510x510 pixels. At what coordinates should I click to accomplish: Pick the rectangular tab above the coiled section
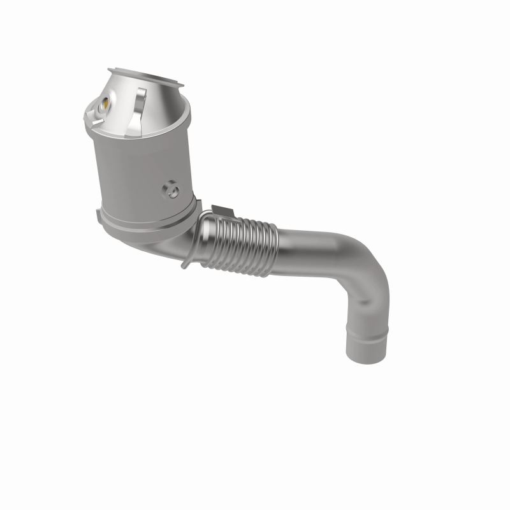[x=219, y=210]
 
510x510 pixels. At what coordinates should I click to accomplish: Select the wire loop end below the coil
[x=186, y=262]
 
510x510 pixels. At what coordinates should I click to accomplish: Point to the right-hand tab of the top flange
[x=180, y=85]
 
